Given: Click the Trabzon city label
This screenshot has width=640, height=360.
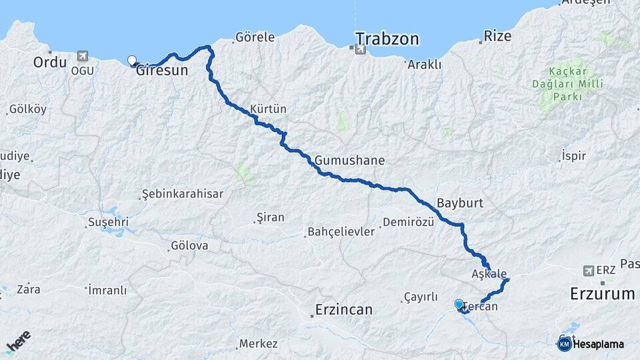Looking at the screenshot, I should point(387,39).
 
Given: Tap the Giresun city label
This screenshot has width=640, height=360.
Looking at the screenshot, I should point(162,70).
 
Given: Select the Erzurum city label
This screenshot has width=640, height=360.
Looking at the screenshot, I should point(602,294).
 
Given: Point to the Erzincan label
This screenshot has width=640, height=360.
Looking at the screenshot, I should point(344,310).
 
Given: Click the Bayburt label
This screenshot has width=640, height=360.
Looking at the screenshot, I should point(459,202).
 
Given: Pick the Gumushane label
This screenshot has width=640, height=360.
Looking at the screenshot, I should point(350,161).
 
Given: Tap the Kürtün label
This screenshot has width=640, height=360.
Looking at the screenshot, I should point(268,109).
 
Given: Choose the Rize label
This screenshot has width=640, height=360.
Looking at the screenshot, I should point(497,35).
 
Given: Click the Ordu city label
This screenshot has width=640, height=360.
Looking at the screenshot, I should point(49,63).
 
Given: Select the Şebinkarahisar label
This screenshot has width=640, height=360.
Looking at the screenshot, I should point(183,194).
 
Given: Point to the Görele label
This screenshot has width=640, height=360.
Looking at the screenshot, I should point(255,37).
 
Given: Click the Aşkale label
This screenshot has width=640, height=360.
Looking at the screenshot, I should point(489,274).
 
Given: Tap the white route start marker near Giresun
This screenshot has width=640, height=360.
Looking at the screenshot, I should point(132,60).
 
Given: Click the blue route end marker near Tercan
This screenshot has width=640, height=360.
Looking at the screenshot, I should point(459,305).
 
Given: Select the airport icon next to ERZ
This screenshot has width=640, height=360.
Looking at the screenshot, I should point(588,271).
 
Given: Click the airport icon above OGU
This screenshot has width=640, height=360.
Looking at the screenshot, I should point(82,57).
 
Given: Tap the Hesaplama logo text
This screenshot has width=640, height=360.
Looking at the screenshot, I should point(598,344).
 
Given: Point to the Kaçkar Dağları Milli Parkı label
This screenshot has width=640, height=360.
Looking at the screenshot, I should point(567,85).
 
